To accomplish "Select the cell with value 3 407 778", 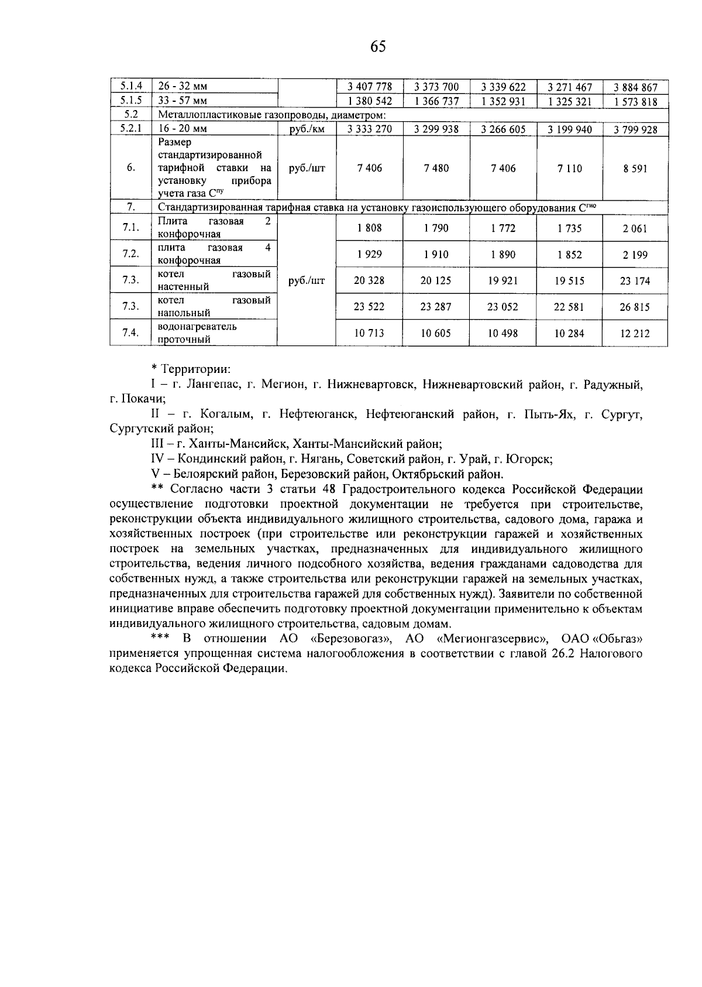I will coord(369,87).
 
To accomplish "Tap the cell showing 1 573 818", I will coord(635,101).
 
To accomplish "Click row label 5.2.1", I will coord(130,129).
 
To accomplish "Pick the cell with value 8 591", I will coord(635,169).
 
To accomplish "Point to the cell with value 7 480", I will coord(436,169).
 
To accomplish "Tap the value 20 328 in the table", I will coord(369,280).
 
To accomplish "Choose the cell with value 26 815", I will coord(635,307).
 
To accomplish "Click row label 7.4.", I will coord(130,333).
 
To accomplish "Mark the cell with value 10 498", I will coord(503,333).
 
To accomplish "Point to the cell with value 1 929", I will coord(369,254).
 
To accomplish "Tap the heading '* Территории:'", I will coord(191,369).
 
